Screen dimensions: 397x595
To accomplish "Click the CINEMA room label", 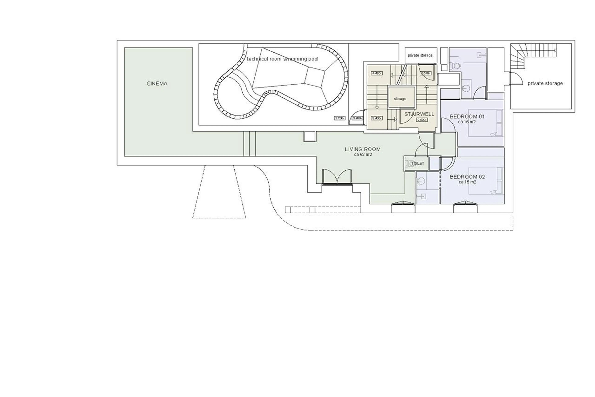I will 157,84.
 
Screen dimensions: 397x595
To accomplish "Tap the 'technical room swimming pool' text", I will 282,59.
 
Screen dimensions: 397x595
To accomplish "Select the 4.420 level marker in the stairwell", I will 377,73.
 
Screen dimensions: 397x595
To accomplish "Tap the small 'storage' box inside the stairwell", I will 400,99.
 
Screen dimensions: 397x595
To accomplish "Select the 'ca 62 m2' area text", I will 363,155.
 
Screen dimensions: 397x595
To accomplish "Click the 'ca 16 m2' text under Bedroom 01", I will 467,122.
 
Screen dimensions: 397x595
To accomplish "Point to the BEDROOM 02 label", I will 467,177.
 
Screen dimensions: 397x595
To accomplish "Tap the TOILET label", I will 417,164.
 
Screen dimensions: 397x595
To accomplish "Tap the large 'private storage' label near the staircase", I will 545,83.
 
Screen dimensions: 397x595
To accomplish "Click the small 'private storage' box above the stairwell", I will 420,55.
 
